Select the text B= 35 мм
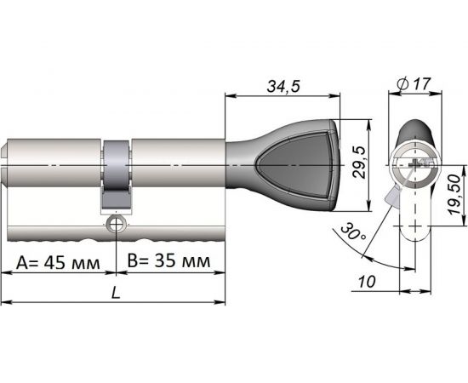tap(168, 262)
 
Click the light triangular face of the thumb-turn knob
tap(302, 166)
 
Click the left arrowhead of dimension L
tap(5, 300)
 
